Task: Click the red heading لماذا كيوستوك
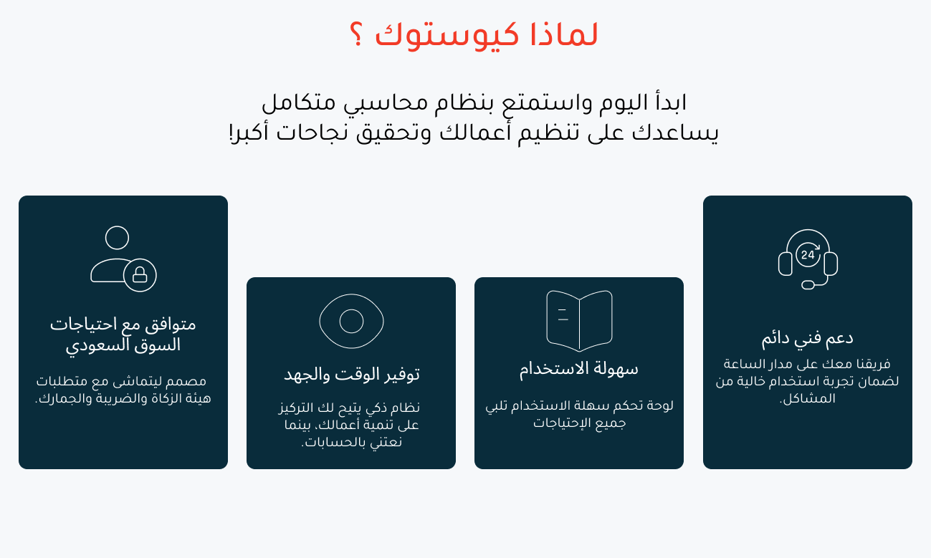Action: (x=486, y=35)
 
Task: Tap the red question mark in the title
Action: (x=357, y=34)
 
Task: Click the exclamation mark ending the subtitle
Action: (x=231, y=132)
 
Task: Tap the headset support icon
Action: (x=808, y=259)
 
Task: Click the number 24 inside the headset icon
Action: (x=808, y=255)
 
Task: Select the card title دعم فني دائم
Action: (x=807, y=338)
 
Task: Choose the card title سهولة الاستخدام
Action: (x=578, y=369)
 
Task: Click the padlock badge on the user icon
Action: (x=140, y=274)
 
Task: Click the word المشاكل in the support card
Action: (x=808, y=398)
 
